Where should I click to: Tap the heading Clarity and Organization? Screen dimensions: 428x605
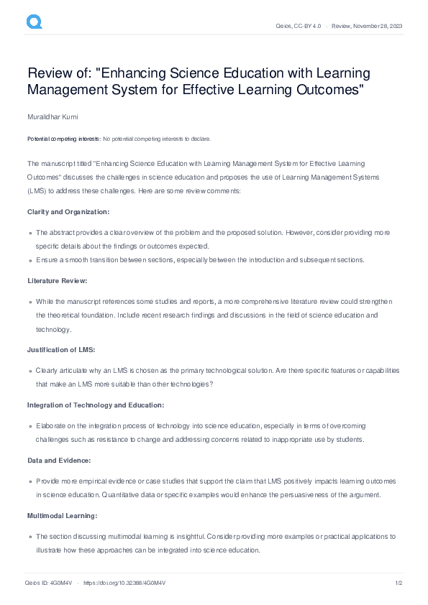coord(68,211)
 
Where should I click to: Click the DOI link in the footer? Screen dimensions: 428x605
coord(124,583)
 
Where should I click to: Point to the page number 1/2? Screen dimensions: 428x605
coord(397,583)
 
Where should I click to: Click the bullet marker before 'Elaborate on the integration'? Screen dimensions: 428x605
coord(31,427)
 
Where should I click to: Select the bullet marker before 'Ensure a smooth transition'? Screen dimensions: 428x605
coord(31,260)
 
